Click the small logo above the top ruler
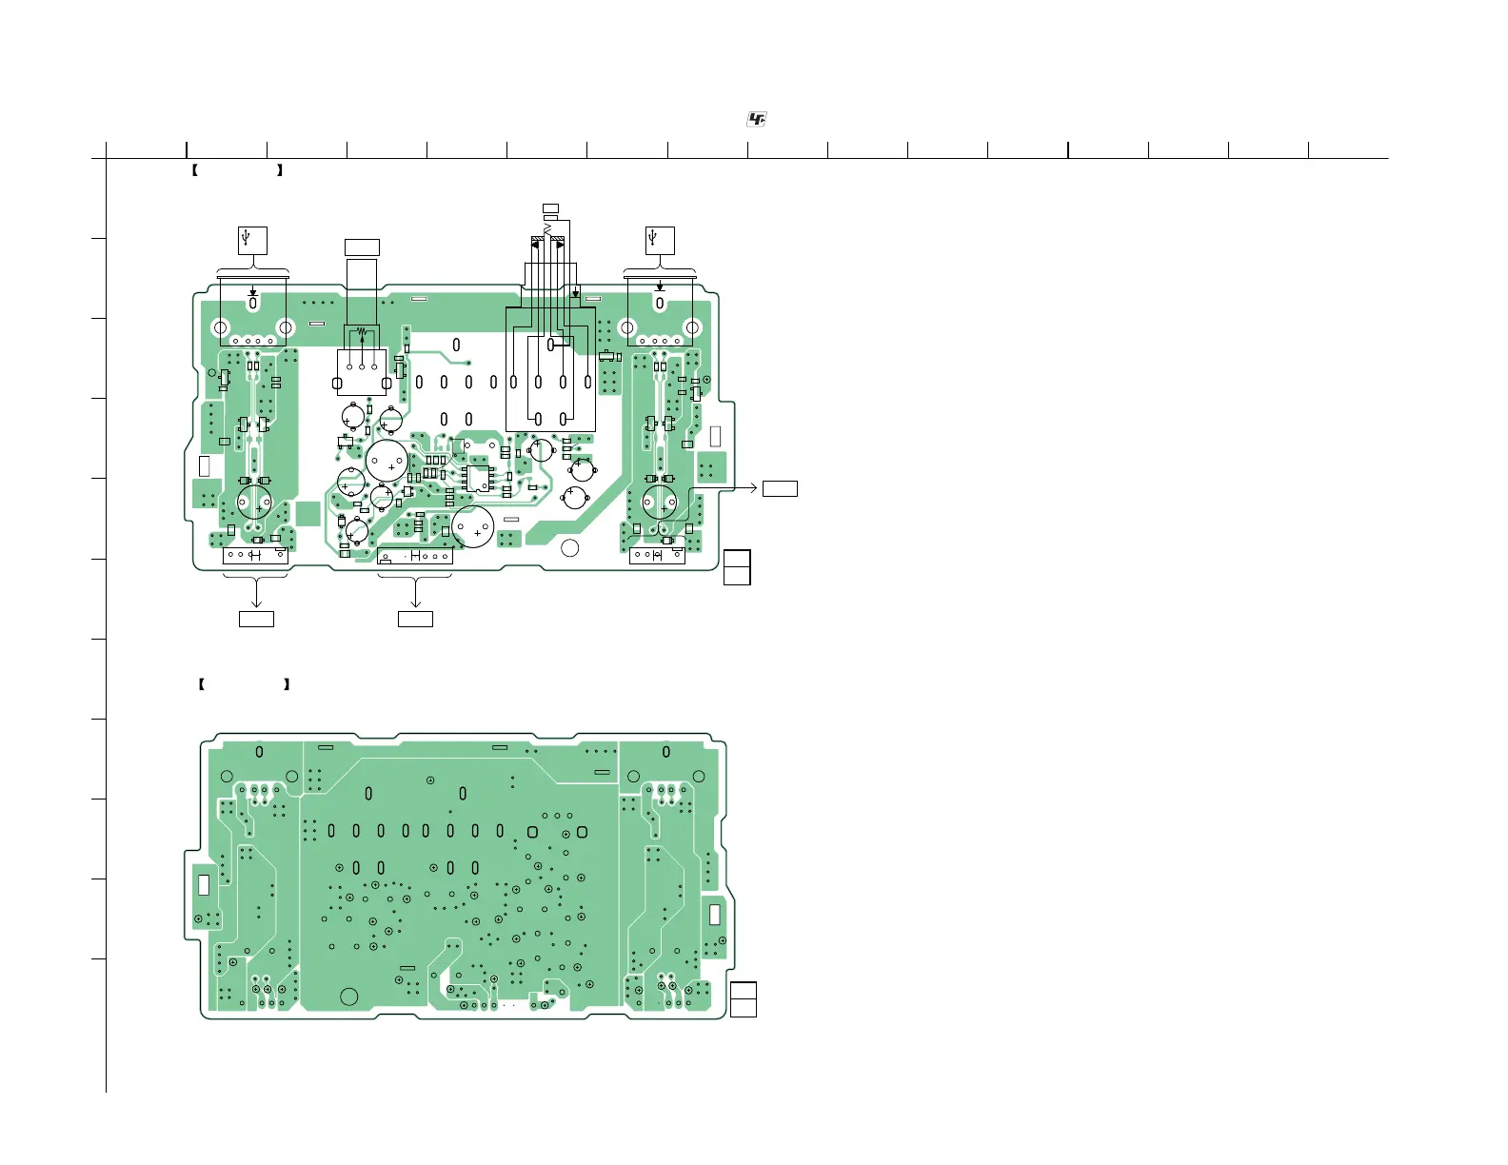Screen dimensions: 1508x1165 pos(756,119)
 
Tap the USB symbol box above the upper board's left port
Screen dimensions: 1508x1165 pos(252,240)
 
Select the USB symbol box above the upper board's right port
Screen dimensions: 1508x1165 pos(659,240)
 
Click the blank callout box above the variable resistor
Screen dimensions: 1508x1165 pos(362,247)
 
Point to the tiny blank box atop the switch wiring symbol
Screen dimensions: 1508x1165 pos(549,207)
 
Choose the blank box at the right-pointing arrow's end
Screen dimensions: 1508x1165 pos(780,488)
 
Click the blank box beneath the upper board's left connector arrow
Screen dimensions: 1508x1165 pos(256,619)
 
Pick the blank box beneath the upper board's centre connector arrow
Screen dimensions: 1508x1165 pos(415,619)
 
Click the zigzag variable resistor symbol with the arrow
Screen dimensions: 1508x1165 pos(361,335)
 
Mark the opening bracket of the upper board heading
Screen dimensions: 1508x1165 pos(194,171)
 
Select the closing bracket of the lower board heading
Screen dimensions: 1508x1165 pos(287,684)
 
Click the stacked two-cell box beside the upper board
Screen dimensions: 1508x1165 pos(737,567)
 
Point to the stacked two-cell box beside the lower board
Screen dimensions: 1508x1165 pos(744,999)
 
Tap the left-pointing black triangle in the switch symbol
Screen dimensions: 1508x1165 pos(535,245)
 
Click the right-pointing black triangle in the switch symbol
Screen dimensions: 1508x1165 pos(560,245)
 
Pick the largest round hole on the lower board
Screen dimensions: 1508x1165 pos(349,997)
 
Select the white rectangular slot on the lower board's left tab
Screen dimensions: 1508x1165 pos(203,884)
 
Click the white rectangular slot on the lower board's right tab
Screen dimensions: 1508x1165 pos(715,914)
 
